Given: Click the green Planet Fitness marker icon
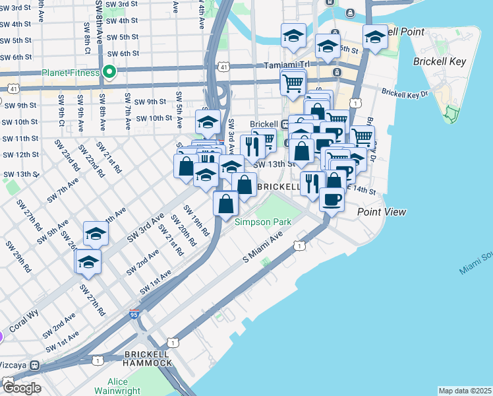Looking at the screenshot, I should click(x=109, y=72).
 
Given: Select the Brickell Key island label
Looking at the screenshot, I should click(x=440, y=61).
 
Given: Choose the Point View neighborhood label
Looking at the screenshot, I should click(x=382, y=212).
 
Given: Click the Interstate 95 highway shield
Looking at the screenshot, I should click(x=134, y=315).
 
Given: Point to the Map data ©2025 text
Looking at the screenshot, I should click(x=465, y=391).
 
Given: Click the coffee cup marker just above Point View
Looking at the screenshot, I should click(x=332, y=197).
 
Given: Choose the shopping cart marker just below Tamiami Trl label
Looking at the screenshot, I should click(x=293, y=83).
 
